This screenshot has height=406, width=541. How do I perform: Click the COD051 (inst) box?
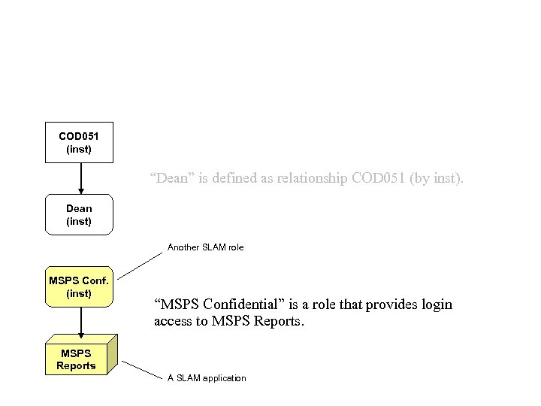point(79,142)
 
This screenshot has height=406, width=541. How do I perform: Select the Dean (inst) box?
point(79,214)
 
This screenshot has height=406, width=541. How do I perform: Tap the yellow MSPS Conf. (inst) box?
point(79,286)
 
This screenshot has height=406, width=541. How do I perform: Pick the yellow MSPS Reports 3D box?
point(77,359)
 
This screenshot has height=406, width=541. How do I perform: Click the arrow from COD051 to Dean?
point(80,178)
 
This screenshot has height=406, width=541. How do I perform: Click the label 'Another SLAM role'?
point(205,247)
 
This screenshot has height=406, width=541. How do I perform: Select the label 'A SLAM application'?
point(207,377)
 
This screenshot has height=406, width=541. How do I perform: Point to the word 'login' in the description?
point(437,304)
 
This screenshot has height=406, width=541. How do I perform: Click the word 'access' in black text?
point(172,321)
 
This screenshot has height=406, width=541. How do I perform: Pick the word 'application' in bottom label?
point(221,377)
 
